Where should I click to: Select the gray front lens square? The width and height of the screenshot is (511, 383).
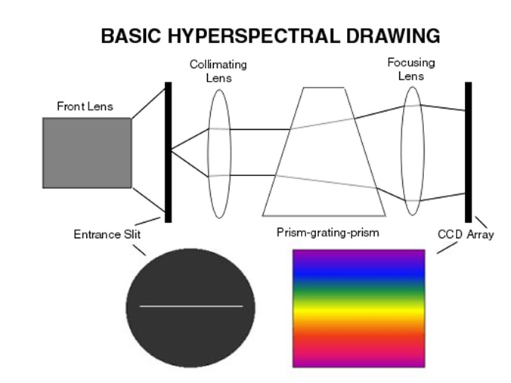coord(87,153)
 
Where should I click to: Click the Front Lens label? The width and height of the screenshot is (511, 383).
coord(85,107)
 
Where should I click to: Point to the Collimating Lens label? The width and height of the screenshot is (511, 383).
coord(218,71)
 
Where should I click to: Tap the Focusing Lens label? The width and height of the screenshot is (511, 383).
coord(411,69)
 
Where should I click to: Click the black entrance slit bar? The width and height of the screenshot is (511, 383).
coord(168,151)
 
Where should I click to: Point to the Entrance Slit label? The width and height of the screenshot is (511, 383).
coord(107,234)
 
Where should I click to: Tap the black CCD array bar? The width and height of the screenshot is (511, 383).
coord(468,151)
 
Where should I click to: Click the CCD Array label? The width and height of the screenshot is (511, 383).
coord(466,234)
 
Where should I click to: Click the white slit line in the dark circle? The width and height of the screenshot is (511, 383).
coord(191,306)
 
